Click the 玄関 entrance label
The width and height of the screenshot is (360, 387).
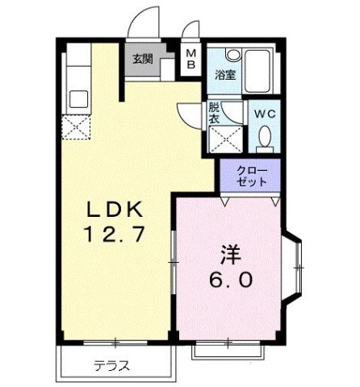click(x=143, y=58)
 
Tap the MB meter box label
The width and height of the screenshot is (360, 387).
click(x=191, y=60)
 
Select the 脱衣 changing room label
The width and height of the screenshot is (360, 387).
click(x=213, y=112)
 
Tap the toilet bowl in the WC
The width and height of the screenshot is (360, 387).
click(x=264, y=140)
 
